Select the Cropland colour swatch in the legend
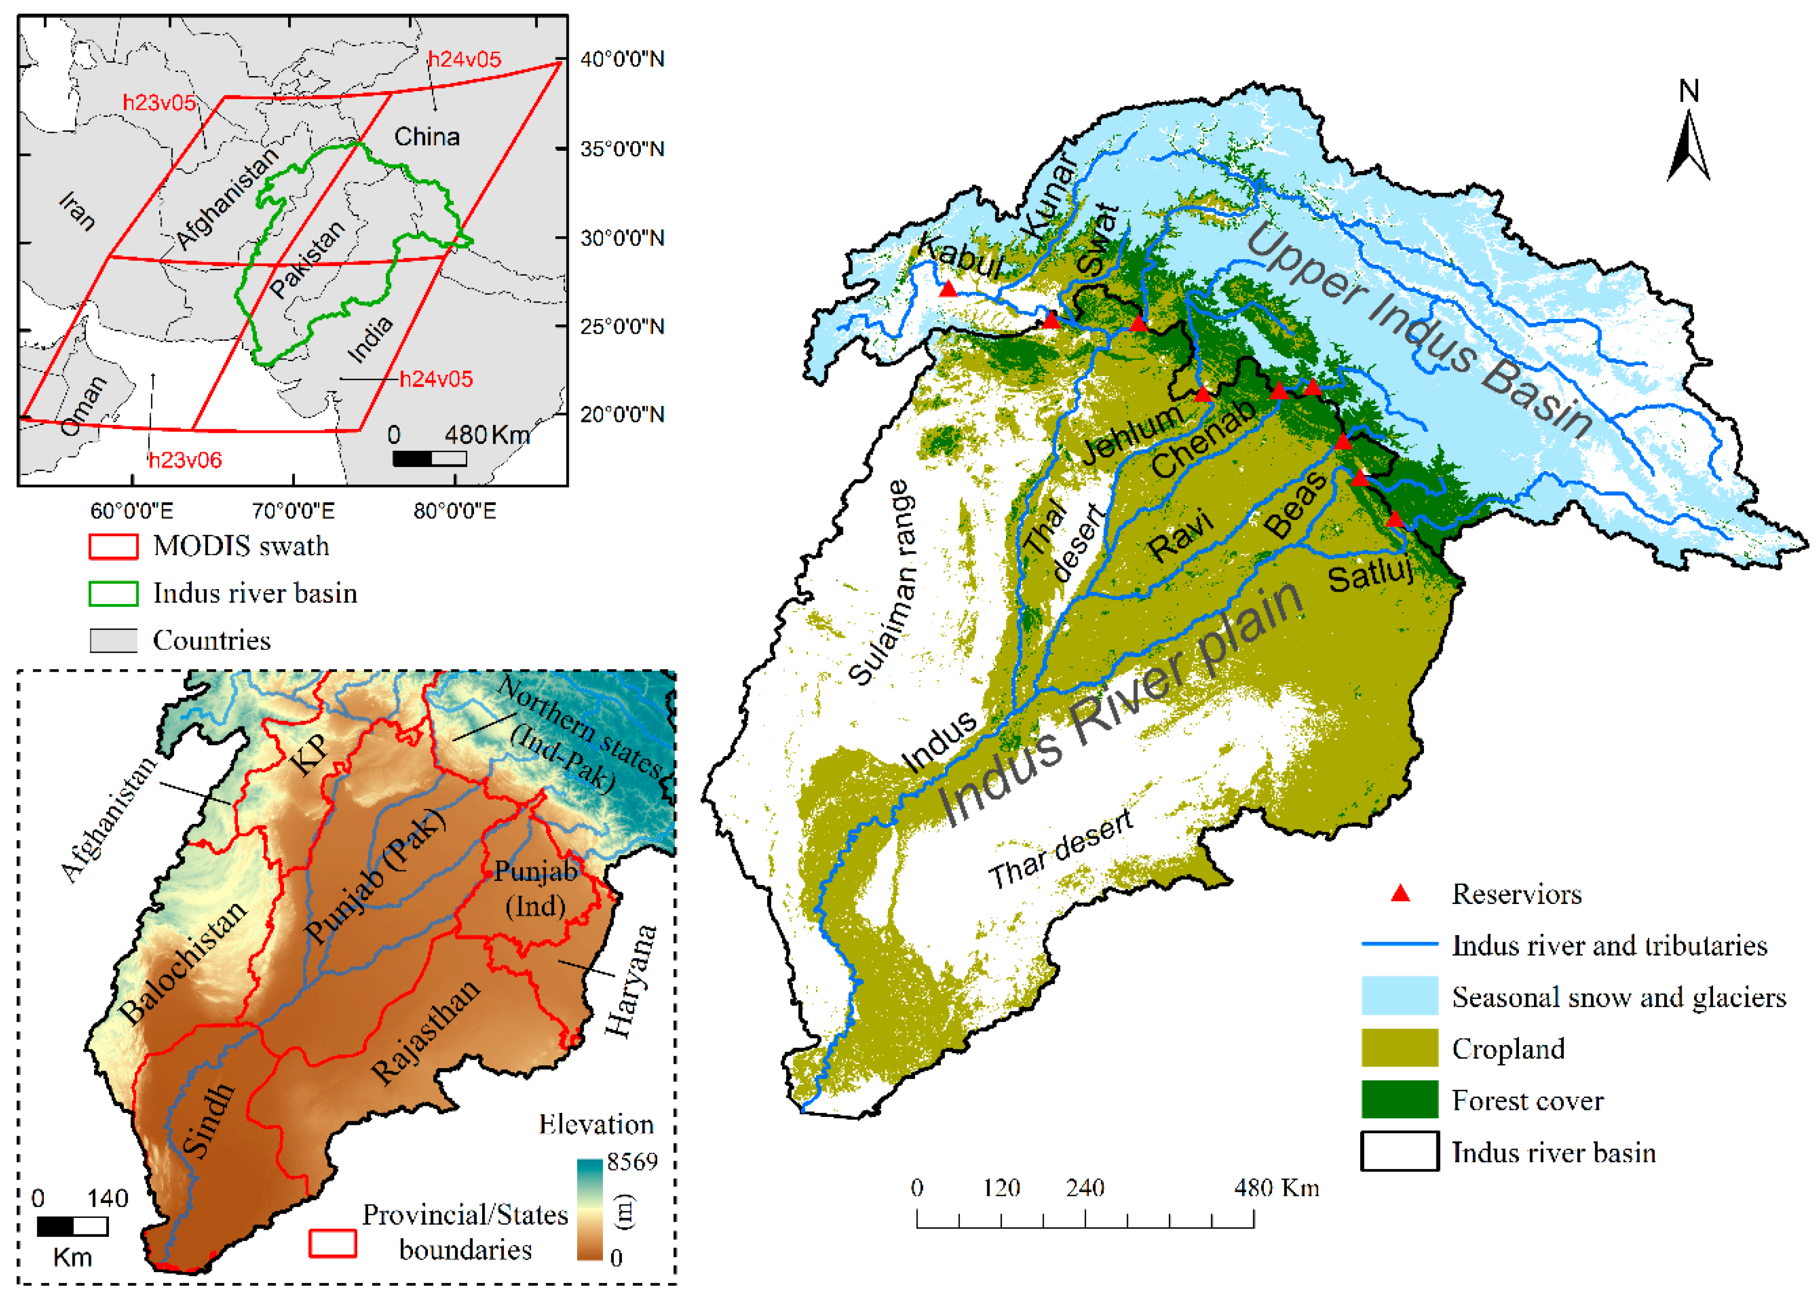(x=1399, y=1048)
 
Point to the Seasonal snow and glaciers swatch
(x=1399, y=996)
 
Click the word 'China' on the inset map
(x=427, y=137)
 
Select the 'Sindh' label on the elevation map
(x=209, y=1120)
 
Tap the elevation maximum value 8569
(x=632, y=1161)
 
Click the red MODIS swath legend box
(x=112, y=546)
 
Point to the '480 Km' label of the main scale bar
(x=1276, y=1188)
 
